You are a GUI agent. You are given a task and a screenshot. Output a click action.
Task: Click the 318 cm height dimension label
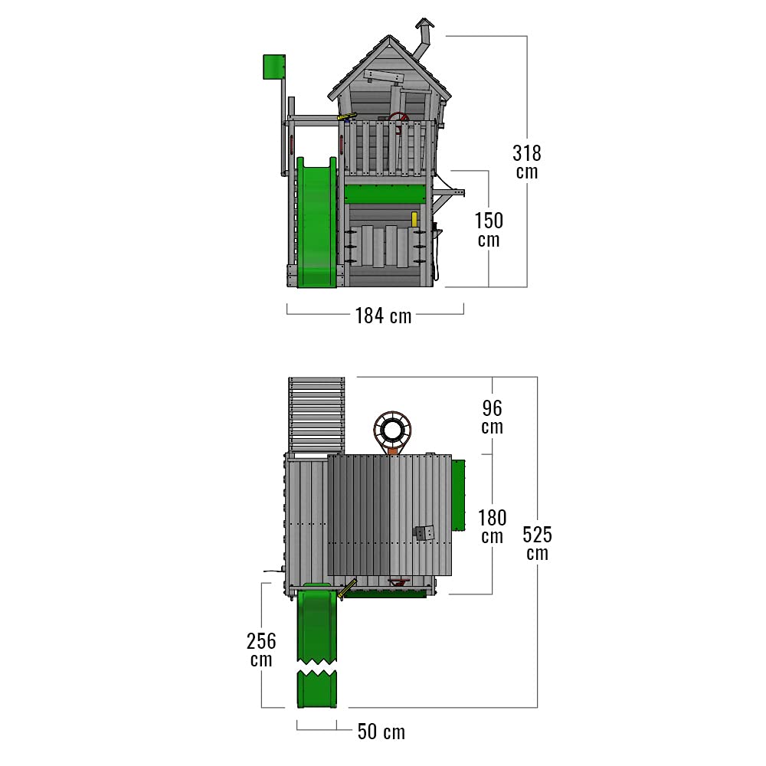[x=527, y=162]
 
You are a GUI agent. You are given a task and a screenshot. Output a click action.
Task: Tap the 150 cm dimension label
[x=489, y=230]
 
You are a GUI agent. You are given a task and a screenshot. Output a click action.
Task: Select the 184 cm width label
[x=383, y=316]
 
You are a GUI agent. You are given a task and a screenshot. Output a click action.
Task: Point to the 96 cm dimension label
[x=492, y=417]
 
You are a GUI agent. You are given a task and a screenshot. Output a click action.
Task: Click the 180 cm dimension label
[x=492, y=526]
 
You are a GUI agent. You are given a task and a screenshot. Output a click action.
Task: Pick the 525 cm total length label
[x=537, y=543]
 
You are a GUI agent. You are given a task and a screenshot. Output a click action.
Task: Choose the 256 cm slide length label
[x=261, y=650]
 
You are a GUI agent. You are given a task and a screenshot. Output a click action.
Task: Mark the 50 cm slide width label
[x=381, y=732]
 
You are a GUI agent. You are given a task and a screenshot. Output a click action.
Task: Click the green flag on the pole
[x=274, y=67]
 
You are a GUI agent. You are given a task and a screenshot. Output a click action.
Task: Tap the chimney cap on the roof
[x=424, y=24]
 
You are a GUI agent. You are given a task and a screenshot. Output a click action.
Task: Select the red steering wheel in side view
[x=399, y=120]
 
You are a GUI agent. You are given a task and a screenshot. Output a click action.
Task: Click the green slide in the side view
[x=316, y=222]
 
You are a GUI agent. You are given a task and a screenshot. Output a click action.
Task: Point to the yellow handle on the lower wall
[x=414, y=219]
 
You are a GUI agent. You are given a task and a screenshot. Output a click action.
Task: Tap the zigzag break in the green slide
[x=316, y=667]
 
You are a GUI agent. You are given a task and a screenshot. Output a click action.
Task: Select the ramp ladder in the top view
[x=316, y=414]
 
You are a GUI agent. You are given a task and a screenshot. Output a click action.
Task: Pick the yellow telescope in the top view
[x=347, y=588]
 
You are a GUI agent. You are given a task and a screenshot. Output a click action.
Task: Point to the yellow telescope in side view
[x=346, y=116]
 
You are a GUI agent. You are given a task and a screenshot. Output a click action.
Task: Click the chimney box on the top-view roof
[x=424, y=532]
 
